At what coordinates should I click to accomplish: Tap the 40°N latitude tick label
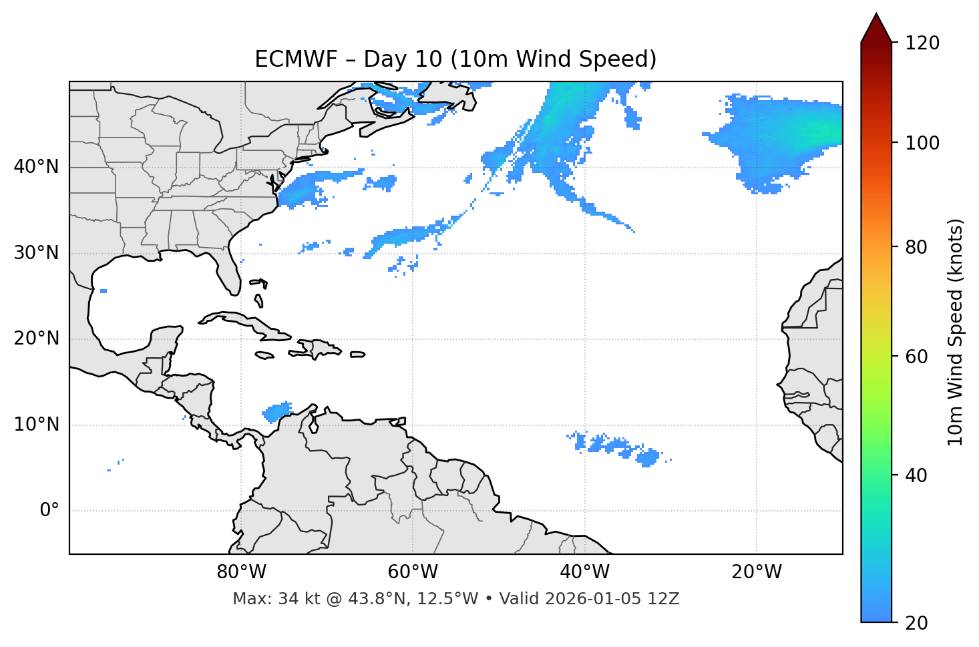(x=36, y=167)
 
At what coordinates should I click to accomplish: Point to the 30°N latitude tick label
(x=36, y=253)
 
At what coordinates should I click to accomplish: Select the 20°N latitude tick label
(x=36, y=339)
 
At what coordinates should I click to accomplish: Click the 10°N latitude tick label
(x=36, y=425)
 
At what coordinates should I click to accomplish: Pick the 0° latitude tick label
(x=49, y=511)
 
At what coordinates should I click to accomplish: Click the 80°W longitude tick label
(x=241, y=572)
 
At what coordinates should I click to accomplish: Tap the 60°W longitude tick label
(x=413, y=572)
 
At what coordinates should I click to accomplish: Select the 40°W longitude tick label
(x=584, y=572)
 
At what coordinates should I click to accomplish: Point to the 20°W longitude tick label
(x=757, y=572)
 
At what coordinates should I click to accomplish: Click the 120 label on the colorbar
(x=922, y=43)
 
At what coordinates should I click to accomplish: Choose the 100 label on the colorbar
(x=922, y=143)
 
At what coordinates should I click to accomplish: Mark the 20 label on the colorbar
(x=917, y=623)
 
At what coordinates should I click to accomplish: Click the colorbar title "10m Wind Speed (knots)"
(x=956, y=333)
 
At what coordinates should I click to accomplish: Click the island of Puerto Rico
(x=358, y=355)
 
